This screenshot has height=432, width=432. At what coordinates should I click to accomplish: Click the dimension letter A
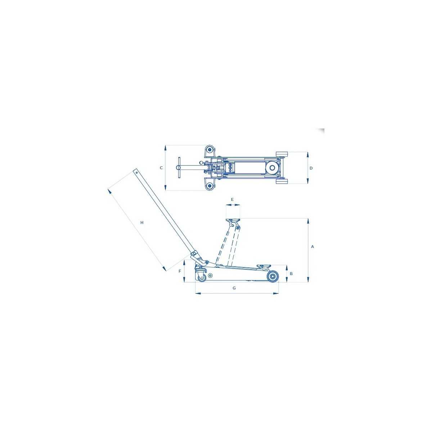tap(312, 247)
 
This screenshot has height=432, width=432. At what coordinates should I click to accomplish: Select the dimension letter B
tap(291, 274)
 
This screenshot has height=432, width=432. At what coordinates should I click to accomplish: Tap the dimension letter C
tap(161, 168)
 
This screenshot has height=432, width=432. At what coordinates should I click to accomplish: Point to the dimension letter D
tap(311, 168)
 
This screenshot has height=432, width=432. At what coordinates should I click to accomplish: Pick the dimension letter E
tap(232, 199)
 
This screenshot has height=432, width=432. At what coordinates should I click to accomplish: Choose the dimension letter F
tap(180, 271)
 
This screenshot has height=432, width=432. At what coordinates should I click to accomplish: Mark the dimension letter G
tap(234, 288)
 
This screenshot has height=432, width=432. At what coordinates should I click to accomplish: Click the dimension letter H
tap(142, 222)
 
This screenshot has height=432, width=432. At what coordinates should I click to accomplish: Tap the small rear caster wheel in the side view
tap(202, 277)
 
